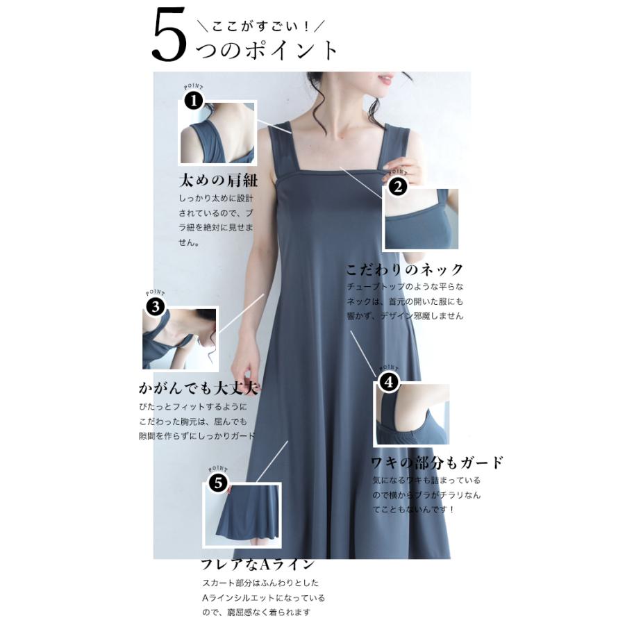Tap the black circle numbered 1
point(193,101)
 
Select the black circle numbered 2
point(397,186)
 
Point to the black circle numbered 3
point(156,306)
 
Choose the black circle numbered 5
point(217,483)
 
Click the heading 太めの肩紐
point(218,181)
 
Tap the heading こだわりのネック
point(404,269)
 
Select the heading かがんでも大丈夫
point(203,387)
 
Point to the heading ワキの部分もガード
point(436,462)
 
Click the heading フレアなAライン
point(258,564)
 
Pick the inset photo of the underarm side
point(412,415)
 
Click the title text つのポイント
point(268,50)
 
